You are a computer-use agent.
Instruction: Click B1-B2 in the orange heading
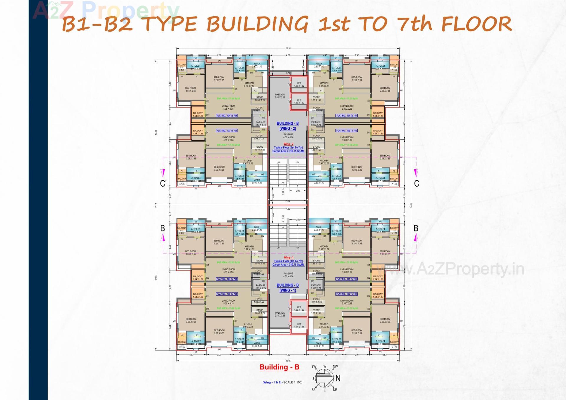pyautogui.click(x=97, y=24)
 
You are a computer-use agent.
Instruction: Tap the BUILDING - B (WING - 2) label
pyautogui.click(x=288, y=126)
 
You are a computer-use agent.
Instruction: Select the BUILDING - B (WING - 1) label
pyautogui.click(x=288, y=288)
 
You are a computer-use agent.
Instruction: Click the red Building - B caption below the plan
pyautogui.click(x=279, y=367)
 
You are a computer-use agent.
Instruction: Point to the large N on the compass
pyautogui.click(x=338, y=378)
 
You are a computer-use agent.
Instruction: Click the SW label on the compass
pyautogui.click(x=314, y=367)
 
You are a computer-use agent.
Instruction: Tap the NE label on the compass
pyautogui.click(x=335, y=390)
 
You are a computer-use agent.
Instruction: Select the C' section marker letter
pyautogui.click(x=163, y=184)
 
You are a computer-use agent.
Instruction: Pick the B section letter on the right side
pyautogui.click(x=416, y=228)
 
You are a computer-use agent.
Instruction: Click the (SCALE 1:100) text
pyautogui.click(x=292, y=382)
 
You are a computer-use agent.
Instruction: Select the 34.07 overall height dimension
pyautogui.click(x=411, y=205)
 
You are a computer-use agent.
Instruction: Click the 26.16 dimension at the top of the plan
pyautogui.click(x=288, y=48)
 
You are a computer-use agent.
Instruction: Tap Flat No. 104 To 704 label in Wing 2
pyautogui.click(x=227, y=116)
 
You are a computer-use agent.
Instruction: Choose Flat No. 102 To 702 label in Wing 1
pyautogui.click(x=347, y=294)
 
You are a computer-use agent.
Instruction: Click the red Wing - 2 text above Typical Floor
pyautogui.click(x=288, y=144)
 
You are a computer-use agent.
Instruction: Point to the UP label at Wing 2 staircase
pyautogui.click(x=278, y=162)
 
